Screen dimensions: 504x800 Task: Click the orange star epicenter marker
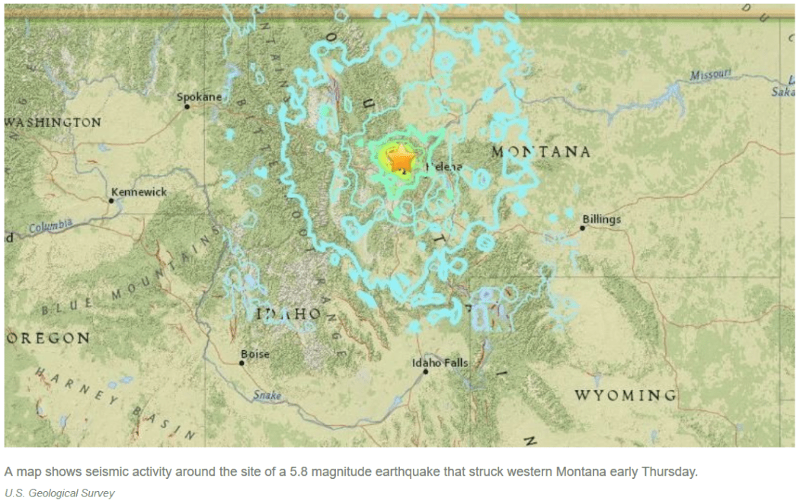(401, 161)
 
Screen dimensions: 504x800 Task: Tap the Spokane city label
(199, 97)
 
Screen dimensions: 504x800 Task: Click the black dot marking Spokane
(187, 107)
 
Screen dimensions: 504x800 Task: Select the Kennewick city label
(139, 192)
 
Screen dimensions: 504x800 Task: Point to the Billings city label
(601, 219)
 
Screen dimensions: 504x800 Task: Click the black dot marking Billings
(582, 228)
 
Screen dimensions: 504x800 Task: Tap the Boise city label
(254, 354)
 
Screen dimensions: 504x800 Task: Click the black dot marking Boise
(242, 363)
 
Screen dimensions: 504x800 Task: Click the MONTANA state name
(541, 152)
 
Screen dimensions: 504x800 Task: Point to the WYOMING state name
(625, 395)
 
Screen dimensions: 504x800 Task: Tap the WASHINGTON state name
(53, 123)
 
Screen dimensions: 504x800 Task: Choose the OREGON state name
(47, 338)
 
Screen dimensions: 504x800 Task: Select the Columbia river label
(50, 225)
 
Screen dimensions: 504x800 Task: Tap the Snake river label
(267, 395)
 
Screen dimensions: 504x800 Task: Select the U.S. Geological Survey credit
(59, 493)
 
